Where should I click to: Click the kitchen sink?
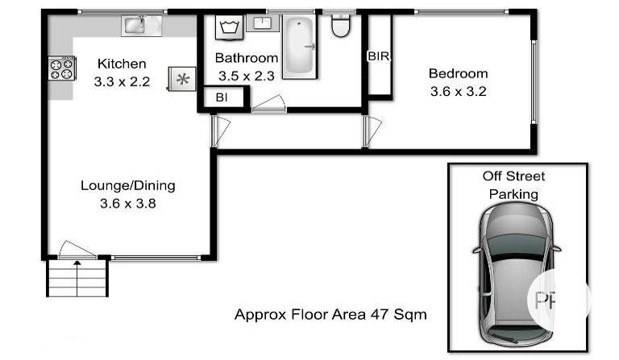[141, 26]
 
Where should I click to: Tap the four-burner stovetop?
[62, 68]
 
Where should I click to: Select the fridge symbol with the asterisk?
[182, 79]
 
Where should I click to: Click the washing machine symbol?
[229, 27]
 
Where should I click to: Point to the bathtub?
[300, 46]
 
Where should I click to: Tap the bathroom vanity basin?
[262, 23]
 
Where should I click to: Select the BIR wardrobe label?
[378, 56]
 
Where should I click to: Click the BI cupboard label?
[222, 97]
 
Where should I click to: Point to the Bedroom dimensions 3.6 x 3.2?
[458, 92]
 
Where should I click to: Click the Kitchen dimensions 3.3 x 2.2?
[122, 81]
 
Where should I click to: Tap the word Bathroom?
[247, 58]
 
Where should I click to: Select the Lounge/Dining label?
[128, 185]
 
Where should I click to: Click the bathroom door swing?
[269, 103]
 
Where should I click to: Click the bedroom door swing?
[372, 131]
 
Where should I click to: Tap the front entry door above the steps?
[77, 250]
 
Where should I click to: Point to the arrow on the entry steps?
[77, 278]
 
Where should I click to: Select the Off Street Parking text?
[513, 185]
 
